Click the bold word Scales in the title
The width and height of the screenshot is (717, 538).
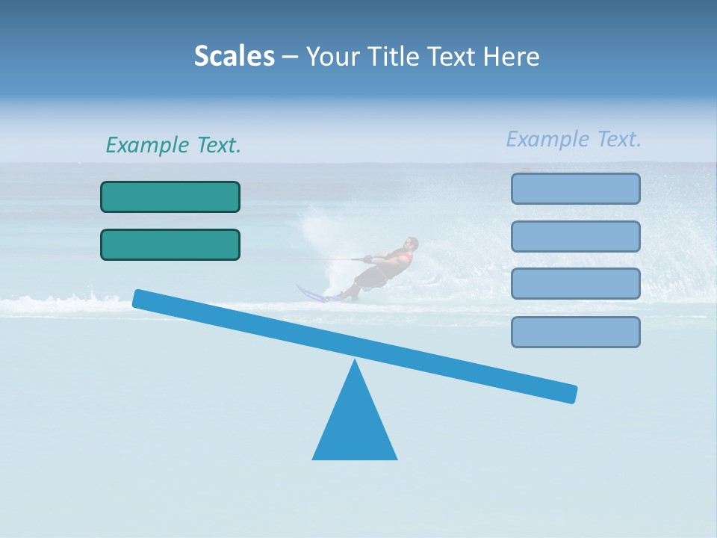(x=234, y=56)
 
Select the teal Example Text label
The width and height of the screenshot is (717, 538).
(x=173, y=145)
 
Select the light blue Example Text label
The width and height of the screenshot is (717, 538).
(x=574, y=139)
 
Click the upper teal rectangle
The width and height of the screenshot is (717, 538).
(x=170, y=197)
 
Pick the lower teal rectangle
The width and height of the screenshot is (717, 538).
(x=170, y=244)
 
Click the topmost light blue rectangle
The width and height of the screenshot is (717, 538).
(x=575, y=188)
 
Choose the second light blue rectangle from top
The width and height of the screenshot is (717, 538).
(x=575, y=236)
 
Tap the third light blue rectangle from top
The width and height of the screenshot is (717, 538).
(x=575, y=284)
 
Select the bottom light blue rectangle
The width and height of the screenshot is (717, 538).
(x=575, y=332)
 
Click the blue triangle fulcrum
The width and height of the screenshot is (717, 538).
(x=355, y=426)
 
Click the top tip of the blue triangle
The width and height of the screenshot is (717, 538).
(x=355, y=362)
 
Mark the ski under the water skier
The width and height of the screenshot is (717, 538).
(x=312, y=294)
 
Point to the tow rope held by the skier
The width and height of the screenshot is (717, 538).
(x=336, y=259)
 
